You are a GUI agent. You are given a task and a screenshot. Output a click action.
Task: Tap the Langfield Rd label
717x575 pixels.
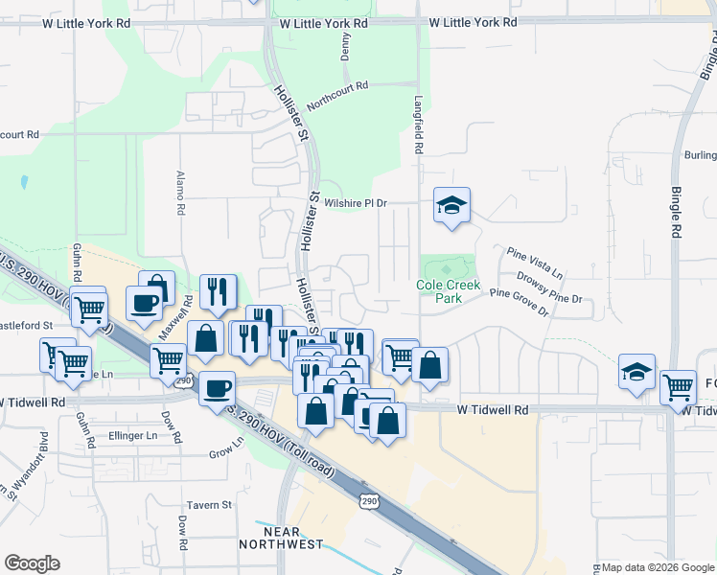click(x=418, y=130)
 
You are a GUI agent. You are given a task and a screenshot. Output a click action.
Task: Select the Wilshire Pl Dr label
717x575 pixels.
click(x=355, y=203)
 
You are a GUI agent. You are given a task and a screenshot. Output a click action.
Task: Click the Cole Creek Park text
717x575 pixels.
click(x=446, y=291)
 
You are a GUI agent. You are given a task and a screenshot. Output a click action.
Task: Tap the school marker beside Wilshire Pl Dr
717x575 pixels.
click(x=451, y=206)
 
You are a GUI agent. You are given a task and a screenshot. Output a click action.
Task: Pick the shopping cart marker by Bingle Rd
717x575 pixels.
click(x=678, y=387)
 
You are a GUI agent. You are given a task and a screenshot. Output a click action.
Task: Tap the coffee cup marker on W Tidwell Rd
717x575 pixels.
click(x=218, y=388)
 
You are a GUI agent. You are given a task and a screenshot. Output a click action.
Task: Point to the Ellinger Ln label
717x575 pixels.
click(x=133, y=435)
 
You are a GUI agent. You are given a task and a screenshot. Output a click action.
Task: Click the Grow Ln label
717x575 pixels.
click(x=227, y=448)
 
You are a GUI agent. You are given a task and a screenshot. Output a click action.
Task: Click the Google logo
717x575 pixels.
click(x=33, y=563)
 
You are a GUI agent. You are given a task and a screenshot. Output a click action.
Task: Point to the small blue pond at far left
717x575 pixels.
click(x=23, y=180)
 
